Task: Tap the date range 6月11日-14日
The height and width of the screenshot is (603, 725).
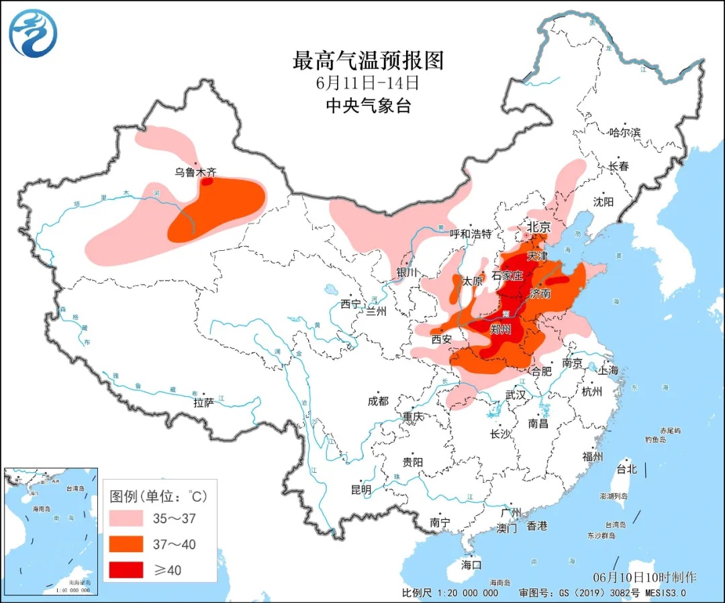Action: (368, 84)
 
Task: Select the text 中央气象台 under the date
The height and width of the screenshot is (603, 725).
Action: (368, 105)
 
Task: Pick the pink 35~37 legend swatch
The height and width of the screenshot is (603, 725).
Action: (126, 518)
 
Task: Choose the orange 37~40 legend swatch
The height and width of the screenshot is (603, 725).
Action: (126, 543)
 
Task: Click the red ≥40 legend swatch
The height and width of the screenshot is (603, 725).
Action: (126, 569)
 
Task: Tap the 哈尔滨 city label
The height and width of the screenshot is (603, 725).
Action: (624, 133)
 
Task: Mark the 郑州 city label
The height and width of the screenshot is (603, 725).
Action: (501, 329)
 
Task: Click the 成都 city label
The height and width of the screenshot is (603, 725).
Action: (378, 400)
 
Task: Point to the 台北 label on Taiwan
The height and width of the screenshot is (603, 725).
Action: (626, 469)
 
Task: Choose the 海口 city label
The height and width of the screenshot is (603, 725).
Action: (472, 565)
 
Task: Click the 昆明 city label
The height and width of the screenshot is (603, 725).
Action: (360, 490)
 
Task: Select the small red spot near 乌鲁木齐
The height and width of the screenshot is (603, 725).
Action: (207, 181)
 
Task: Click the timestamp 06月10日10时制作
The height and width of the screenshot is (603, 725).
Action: (644, 577)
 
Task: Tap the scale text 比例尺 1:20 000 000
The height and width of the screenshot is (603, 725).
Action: (450, 593)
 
